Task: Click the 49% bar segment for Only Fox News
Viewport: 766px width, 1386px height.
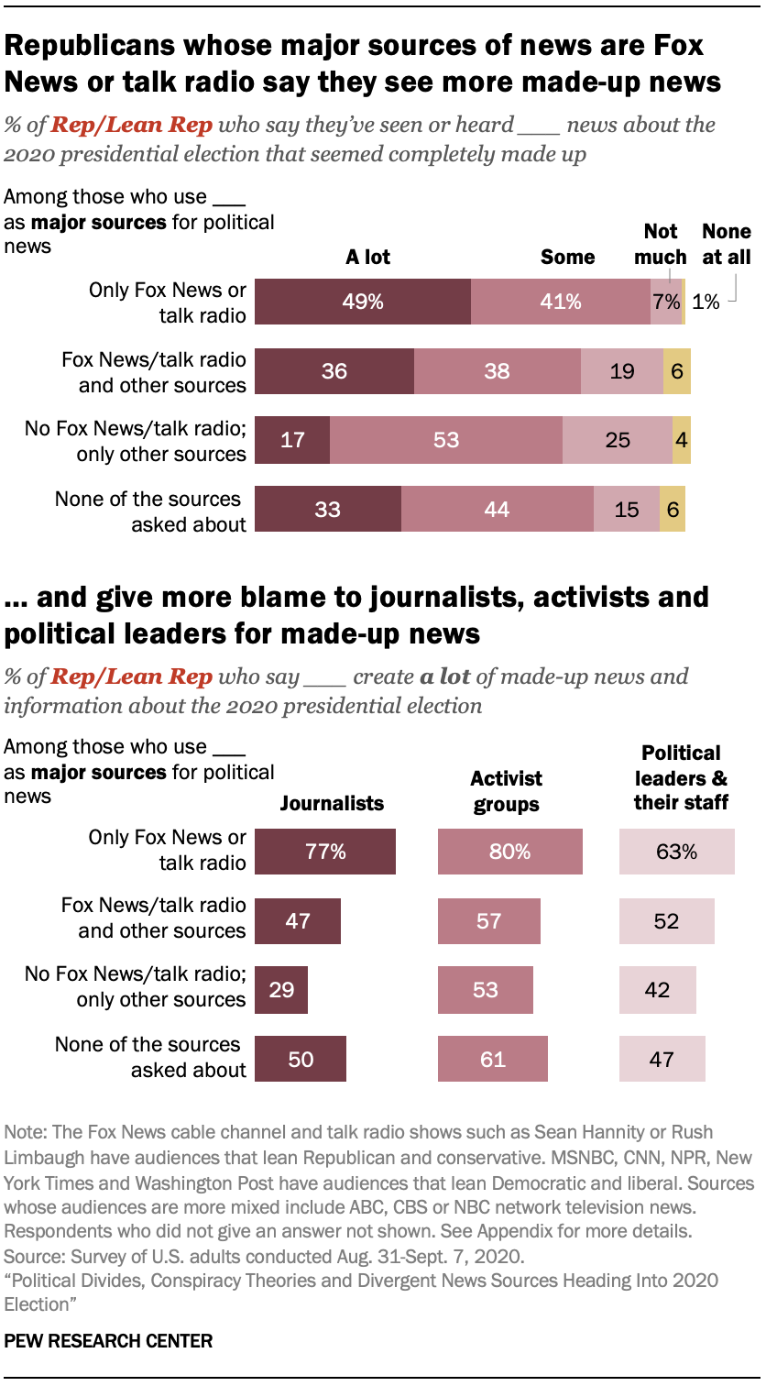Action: tap(362, 302)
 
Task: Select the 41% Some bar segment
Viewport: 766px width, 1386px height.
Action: tap(560, 302)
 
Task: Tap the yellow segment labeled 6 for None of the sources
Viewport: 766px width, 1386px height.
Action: tap(673, 509)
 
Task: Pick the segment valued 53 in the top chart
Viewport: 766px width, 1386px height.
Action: tap(446, 440)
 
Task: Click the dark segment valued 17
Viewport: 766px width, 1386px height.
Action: tap(292, 440)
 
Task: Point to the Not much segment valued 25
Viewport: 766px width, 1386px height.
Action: tap(618, 440)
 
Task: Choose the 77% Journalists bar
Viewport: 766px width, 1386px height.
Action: tap(325, 852)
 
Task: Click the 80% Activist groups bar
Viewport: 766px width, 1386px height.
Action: tap(509, 852)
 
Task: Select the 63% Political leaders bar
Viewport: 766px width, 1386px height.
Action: tap(676, 852)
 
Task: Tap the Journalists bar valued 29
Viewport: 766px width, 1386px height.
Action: tap(281, 990)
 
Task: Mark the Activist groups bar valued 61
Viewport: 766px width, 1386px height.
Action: tap(493, 1060)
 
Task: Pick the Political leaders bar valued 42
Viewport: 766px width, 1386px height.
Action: tap(657, 990)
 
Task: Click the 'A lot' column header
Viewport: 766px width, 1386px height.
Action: tap(367, 257)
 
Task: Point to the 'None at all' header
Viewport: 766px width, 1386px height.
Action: tap(726, 244)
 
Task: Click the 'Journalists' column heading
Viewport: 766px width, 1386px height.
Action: tap(332, 804)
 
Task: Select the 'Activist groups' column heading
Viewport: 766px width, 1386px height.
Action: tap(506, 791)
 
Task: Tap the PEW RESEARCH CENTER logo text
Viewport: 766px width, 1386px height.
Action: tap(108, 1341)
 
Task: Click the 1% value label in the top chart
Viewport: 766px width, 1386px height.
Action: tap(706, 302)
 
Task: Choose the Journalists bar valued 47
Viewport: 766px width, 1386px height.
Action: tap(298, 920)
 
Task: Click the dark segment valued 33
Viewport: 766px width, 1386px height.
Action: tap(327, 509)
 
